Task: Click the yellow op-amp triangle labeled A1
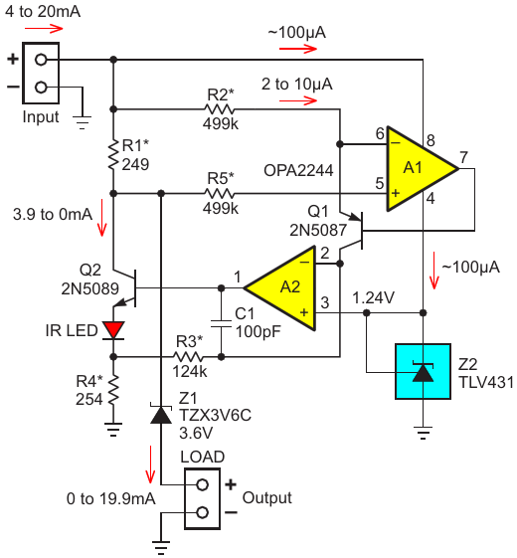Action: (417, 169)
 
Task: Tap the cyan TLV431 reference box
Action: (424, 371)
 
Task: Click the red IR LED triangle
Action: (113, 330)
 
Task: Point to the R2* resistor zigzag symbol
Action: (220, 108)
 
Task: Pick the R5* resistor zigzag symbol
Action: (220, 194)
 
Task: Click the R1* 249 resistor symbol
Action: (113, 154)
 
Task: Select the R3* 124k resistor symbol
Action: (188, 356)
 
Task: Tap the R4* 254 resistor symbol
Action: (113, 390)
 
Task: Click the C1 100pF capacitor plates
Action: (221, 323)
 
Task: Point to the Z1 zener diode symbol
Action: (161, 414)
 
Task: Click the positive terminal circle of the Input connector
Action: (41, 60)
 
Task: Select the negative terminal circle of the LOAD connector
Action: (203, 512)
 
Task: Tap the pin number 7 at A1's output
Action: (463, 157)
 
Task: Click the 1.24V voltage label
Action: (373, 297)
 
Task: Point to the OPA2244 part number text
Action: (298, 170)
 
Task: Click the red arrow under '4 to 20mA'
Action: (44, 29)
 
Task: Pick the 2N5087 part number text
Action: (318, 230)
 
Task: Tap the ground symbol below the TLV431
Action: (424, 433)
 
